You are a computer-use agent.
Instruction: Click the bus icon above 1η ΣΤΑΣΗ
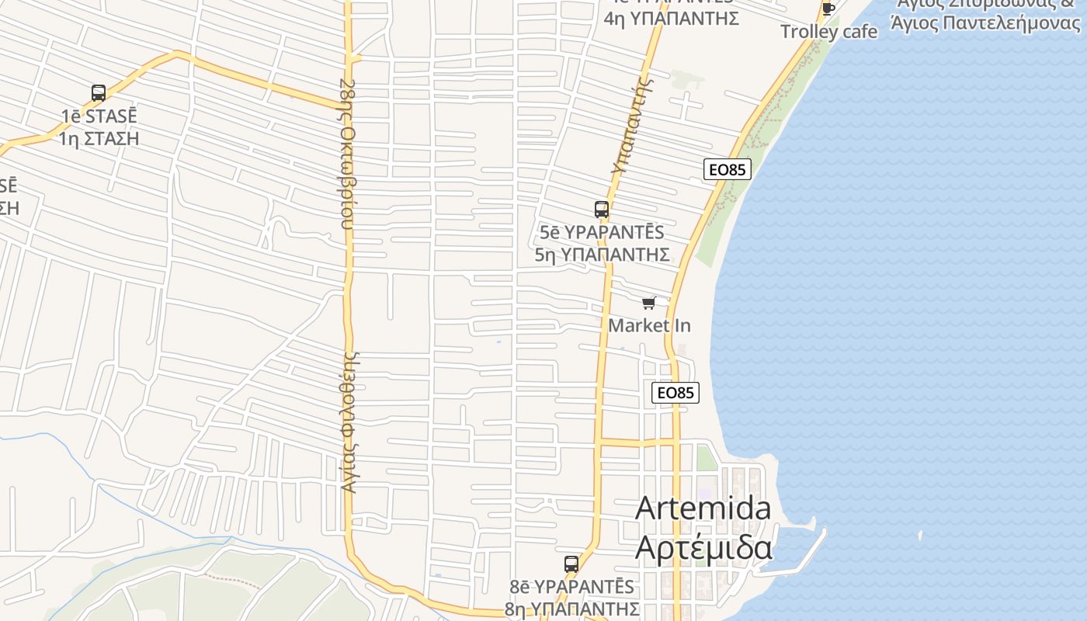pyautogui.click(x=99, y=93)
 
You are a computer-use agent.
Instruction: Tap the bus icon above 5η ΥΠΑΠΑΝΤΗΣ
pyautogui.click(x=602, y=209)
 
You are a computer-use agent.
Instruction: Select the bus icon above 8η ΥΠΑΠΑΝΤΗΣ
pyautogui.click(x=571, y=564)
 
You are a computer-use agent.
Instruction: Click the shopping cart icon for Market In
pyautogui.click(x=649, y=303)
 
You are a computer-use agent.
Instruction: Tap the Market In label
pyautogui.click(x=649, y=325)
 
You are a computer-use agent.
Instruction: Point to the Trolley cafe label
pyautogui.click(x=828, y=32)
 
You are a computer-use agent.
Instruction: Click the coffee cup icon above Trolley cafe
pyautogui.click(x=828, y=9)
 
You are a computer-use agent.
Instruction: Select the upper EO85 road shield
pyautogui.click(x=728, y=169)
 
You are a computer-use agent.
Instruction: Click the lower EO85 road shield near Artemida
pyautogui.click(x=675, y=393)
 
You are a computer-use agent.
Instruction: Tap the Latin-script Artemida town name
pyautogui.click(x=703, y=508)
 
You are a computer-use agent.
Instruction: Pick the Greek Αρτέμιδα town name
pyautogui.click(x=703, y=546)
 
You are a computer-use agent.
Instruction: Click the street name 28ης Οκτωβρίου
pyautogui.click(x=348, y=153)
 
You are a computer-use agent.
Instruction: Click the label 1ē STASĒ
pyautogui.click(x=99, y=116)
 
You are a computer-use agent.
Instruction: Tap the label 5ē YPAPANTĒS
pyautogui.click(x=603, y=232)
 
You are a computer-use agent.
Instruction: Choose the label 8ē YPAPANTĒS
pyautogui.click(x=572, y=587)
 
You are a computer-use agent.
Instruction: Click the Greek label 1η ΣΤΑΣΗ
pyautogui.click(x=99, y=139)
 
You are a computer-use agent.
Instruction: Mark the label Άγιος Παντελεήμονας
pyautogui.click(x=986, y=23)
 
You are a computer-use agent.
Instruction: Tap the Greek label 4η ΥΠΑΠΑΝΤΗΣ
pyautogui.click(x=671, y=19)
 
